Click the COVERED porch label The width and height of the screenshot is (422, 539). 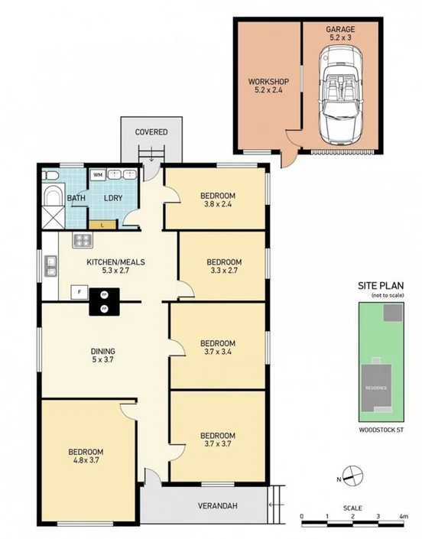click(x=151, y=132)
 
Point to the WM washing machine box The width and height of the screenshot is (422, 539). click(x=99, y=174)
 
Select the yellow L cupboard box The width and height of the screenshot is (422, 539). click(x=102, y=224)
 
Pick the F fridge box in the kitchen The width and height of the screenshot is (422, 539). click(x=78, y=291)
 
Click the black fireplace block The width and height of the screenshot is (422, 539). click(x=103, y=301)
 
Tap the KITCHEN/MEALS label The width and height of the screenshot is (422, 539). click(x=115, y=265)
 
